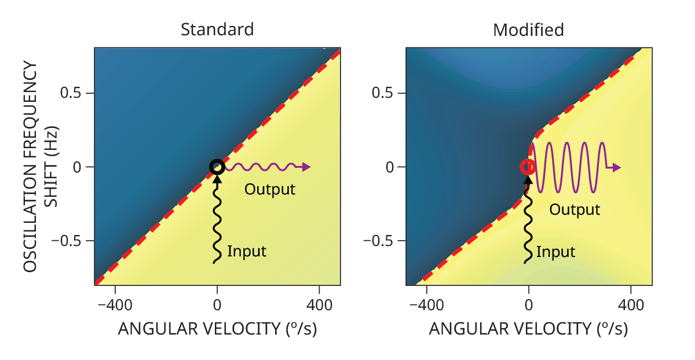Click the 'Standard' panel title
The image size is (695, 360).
(x=217, y=30)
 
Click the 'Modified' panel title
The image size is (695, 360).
(x=528, y=30)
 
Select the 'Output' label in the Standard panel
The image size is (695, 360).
(x=270, y=189)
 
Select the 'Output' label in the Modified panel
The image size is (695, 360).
(x=575, y=210)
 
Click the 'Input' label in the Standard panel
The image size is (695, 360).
(x=247, y=251)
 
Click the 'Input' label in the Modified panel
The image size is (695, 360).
(x=555, y=252)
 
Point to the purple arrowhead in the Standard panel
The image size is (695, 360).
(x=306, y=167)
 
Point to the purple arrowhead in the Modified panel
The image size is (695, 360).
(x=616, y=168)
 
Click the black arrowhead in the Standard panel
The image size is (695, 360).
(x=218, y=179)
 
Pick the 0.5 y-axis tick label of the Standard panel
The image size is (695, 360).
(x=71, y=93)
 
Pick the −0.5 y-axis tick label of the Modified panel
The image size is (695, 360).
(x=378, y=241)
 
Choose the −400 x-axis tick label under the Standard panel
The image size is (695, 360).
(x=115, y=306)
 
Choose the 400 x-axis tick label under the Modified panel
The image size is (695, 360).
(x=631, y=306)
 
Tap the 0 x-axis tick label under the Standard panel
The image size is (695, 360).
(x=217, y=306)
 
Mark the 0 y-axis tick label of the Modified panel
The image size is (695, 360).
(x=389, y=167)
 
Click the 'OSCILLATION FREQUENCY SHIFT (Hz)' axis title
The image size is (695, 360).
(x=41, y=167)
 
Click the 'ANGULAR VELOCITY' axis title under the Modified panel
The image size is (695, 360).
(x=510, y=329)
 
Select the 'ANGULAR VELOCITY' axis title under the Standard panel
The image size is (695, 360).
(x=199, y=329)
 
